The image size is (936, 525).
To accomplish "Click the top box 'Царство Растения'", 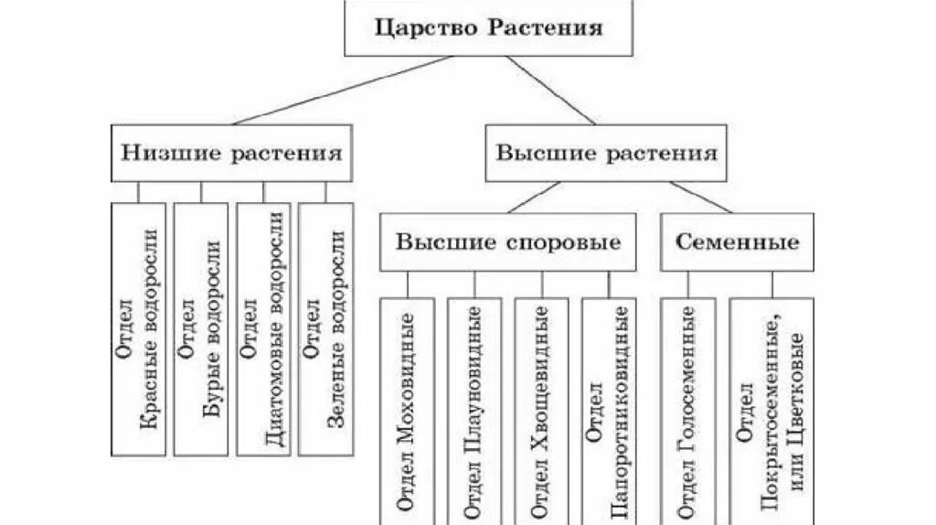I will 488,27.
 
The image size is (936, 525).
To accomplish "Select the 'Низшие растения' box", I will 232,153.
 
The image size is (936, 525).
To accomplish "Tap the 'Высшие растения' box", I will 605,153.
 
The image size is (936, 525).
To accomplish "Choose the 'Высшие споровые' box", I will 507,242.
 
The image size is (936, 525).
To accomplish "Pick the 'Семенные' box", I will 737,242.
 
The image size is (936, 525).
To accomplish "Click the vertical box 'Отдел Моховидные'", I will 409,412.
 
